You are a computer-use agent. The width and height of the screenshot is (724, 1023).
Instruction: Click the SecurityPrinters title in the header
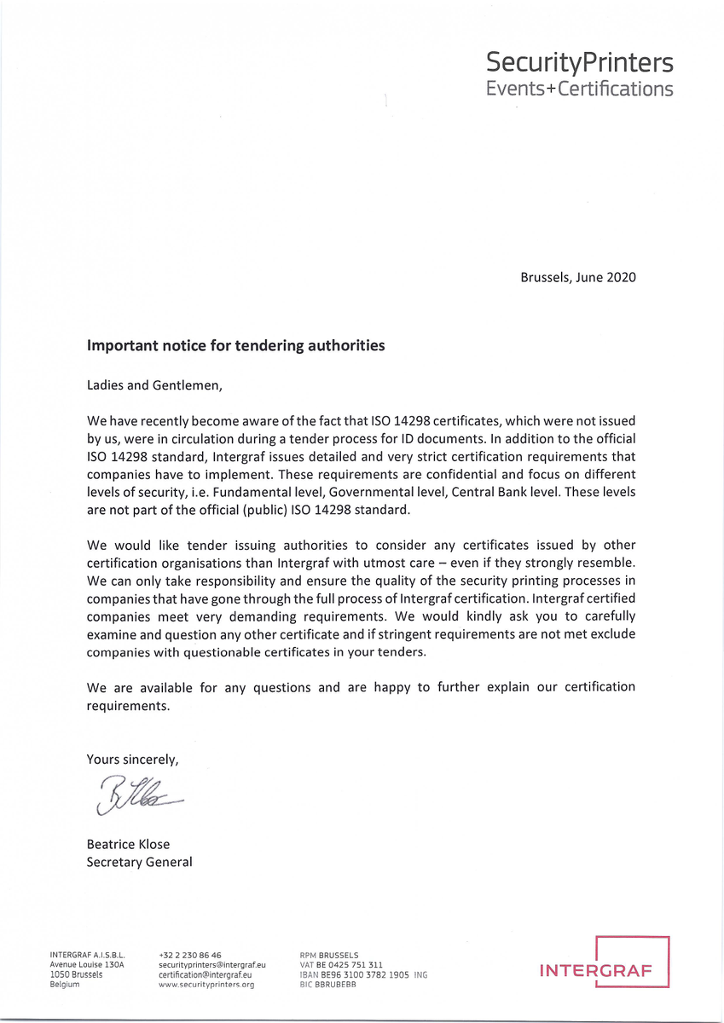click(579, 62)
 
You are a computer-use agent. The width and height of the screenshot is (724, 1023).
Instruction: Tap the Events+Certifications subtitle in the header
click(579, 89)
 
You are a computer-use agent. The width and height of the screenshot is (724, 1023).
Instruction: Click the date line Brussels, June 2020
click(577, 277)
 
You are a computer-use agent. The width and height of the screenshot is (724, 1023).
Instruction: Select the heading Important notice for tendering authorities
click(236, 345)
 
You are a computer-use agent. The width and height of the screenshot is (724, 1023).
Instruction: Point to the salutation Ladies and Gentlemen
click(154, 384)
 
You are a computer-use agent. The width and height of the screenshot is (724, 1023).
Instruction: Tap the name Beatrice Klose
click(128, 844)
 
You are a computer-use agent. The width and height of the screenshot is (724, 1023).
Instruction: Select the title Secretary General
click(139, 862)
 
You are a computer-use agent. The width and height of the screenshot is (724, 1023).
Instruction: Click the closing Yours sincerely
click(132, 759)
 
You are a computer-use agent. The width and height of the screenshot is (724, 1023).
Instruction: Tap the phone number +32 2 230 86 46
click(190, 956)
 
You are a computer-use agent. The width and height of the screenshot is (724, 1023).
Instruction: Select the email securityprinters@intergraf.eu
click(213, 965)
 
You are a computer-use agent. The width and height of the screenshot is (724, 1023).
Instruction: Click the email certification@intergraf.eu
click(206, 974)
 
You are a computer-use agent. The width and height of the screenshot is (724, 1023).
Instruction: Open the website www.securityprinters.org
click(206, 984)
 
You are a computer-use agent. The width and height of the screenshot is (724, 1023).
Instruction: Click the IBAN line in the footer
click(363, 974)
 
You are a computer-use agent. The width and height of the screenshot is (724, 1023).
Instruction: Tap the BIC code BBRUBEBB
click(328, 984)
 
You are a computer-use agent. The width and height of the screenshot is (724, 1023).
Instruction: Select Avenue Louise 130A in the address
click(87, 965)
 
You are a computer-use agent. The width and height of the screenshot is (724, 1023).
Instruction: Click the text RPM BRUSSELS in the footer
click(329, 956)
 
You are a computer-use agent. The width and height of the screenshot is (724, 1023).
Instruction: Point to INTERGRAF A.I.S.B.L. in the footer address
click(88, 956)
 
